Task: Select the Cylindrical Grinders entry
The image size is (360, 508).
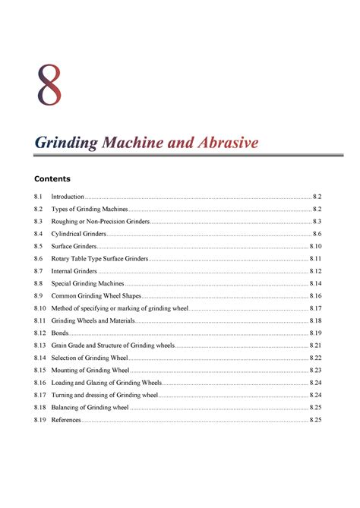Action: point(78,234)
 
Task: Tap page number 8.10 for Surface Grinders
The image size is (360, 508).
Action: point(316,246)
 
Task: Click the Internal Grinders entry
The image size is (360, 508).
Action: point(74,271)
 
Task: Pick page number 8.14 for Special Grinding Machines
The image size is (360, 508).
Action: point(316,283)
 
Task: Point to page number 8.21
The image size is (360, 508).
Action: point(316,346)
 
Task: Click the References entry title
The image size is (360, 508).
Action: point(66,420)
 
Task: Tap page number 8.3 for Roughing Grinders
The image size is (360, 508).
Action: point(317,222)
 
